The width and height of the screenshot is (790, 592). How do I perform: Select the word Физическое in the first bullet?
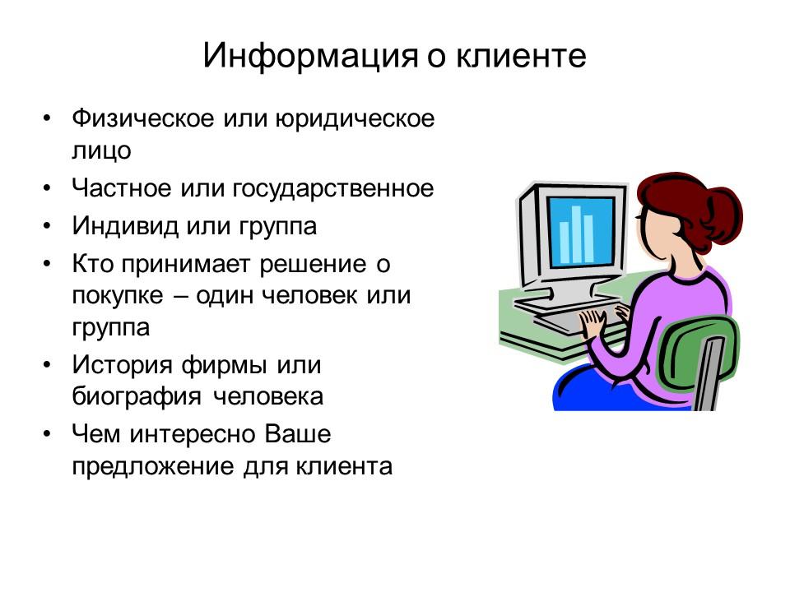click(141, 118)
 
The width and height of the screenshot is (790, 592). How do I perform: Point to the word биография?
click(137, 397)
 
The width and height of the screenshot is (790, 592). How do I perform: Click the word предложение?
click(153, 466)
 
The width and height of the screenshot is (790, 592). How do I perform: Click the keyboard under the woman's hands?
click(568, 317)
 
